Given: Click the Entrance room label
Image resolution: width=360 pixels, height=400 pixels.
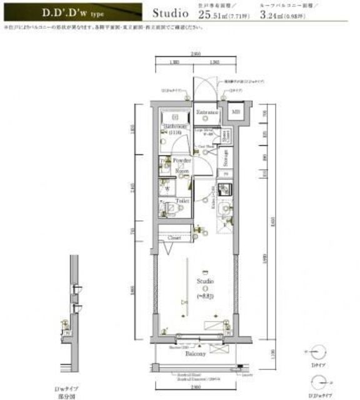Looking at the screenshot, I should (206, 112).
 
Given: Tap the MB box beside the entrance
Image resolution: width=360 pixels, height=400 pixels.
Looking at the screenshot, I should (236, 112).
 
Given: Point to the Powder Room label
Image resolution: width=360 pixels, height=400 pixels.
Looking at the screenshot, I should (182, 164).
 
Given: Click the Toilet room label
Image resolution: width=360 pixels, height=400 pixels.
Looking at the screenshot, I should (182, 201).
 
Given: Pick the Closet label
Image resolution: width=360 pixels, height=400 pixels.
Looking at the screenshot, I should (174, 238).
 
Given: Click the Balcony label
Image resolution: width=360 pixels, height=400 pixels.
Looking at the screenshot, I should (196, 353).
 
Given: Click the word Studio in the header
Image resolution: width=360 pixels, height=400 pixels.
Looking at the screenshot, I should (169, 11).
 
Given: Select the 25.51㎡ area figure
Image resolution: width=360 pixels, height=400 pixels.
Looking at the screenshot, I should (212, 15).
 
